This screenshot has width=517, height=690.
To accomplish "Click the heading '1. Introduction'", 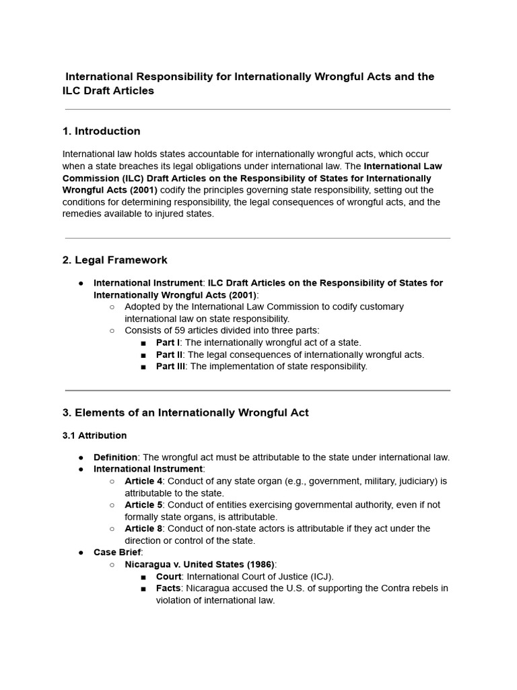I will [101, 131].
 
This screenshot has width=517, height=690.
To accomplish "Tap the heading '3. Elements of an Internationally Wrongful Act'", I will [185, 412].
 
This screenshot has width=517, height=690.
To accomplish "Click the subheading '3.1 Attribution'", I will [94, 435].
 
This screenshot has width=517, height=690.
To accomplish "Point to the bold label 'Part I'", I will [168, 342].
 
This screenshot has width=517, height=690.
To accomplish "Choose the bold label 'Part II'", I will [169, 354].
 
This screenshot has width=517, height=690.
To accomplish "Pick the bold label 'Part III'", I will [170, 366].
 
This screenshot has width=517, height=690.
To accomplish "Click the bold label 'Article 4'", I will [143, 481].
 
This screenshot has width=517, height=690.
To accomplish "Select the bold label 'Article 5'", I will [143, 505].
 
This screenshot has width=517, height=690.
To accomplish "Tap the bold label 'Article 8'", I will [143, 528].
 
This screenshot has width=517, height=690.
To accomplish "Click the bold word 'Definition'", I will [115, 457].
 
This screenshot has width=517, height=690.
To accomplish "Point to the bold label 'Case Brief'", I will [117, 552].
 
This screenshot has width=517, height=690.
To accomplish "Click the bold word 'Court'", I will [168, 576].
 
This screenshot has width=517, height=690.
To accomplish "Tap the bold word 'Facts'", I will [168, 588].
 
